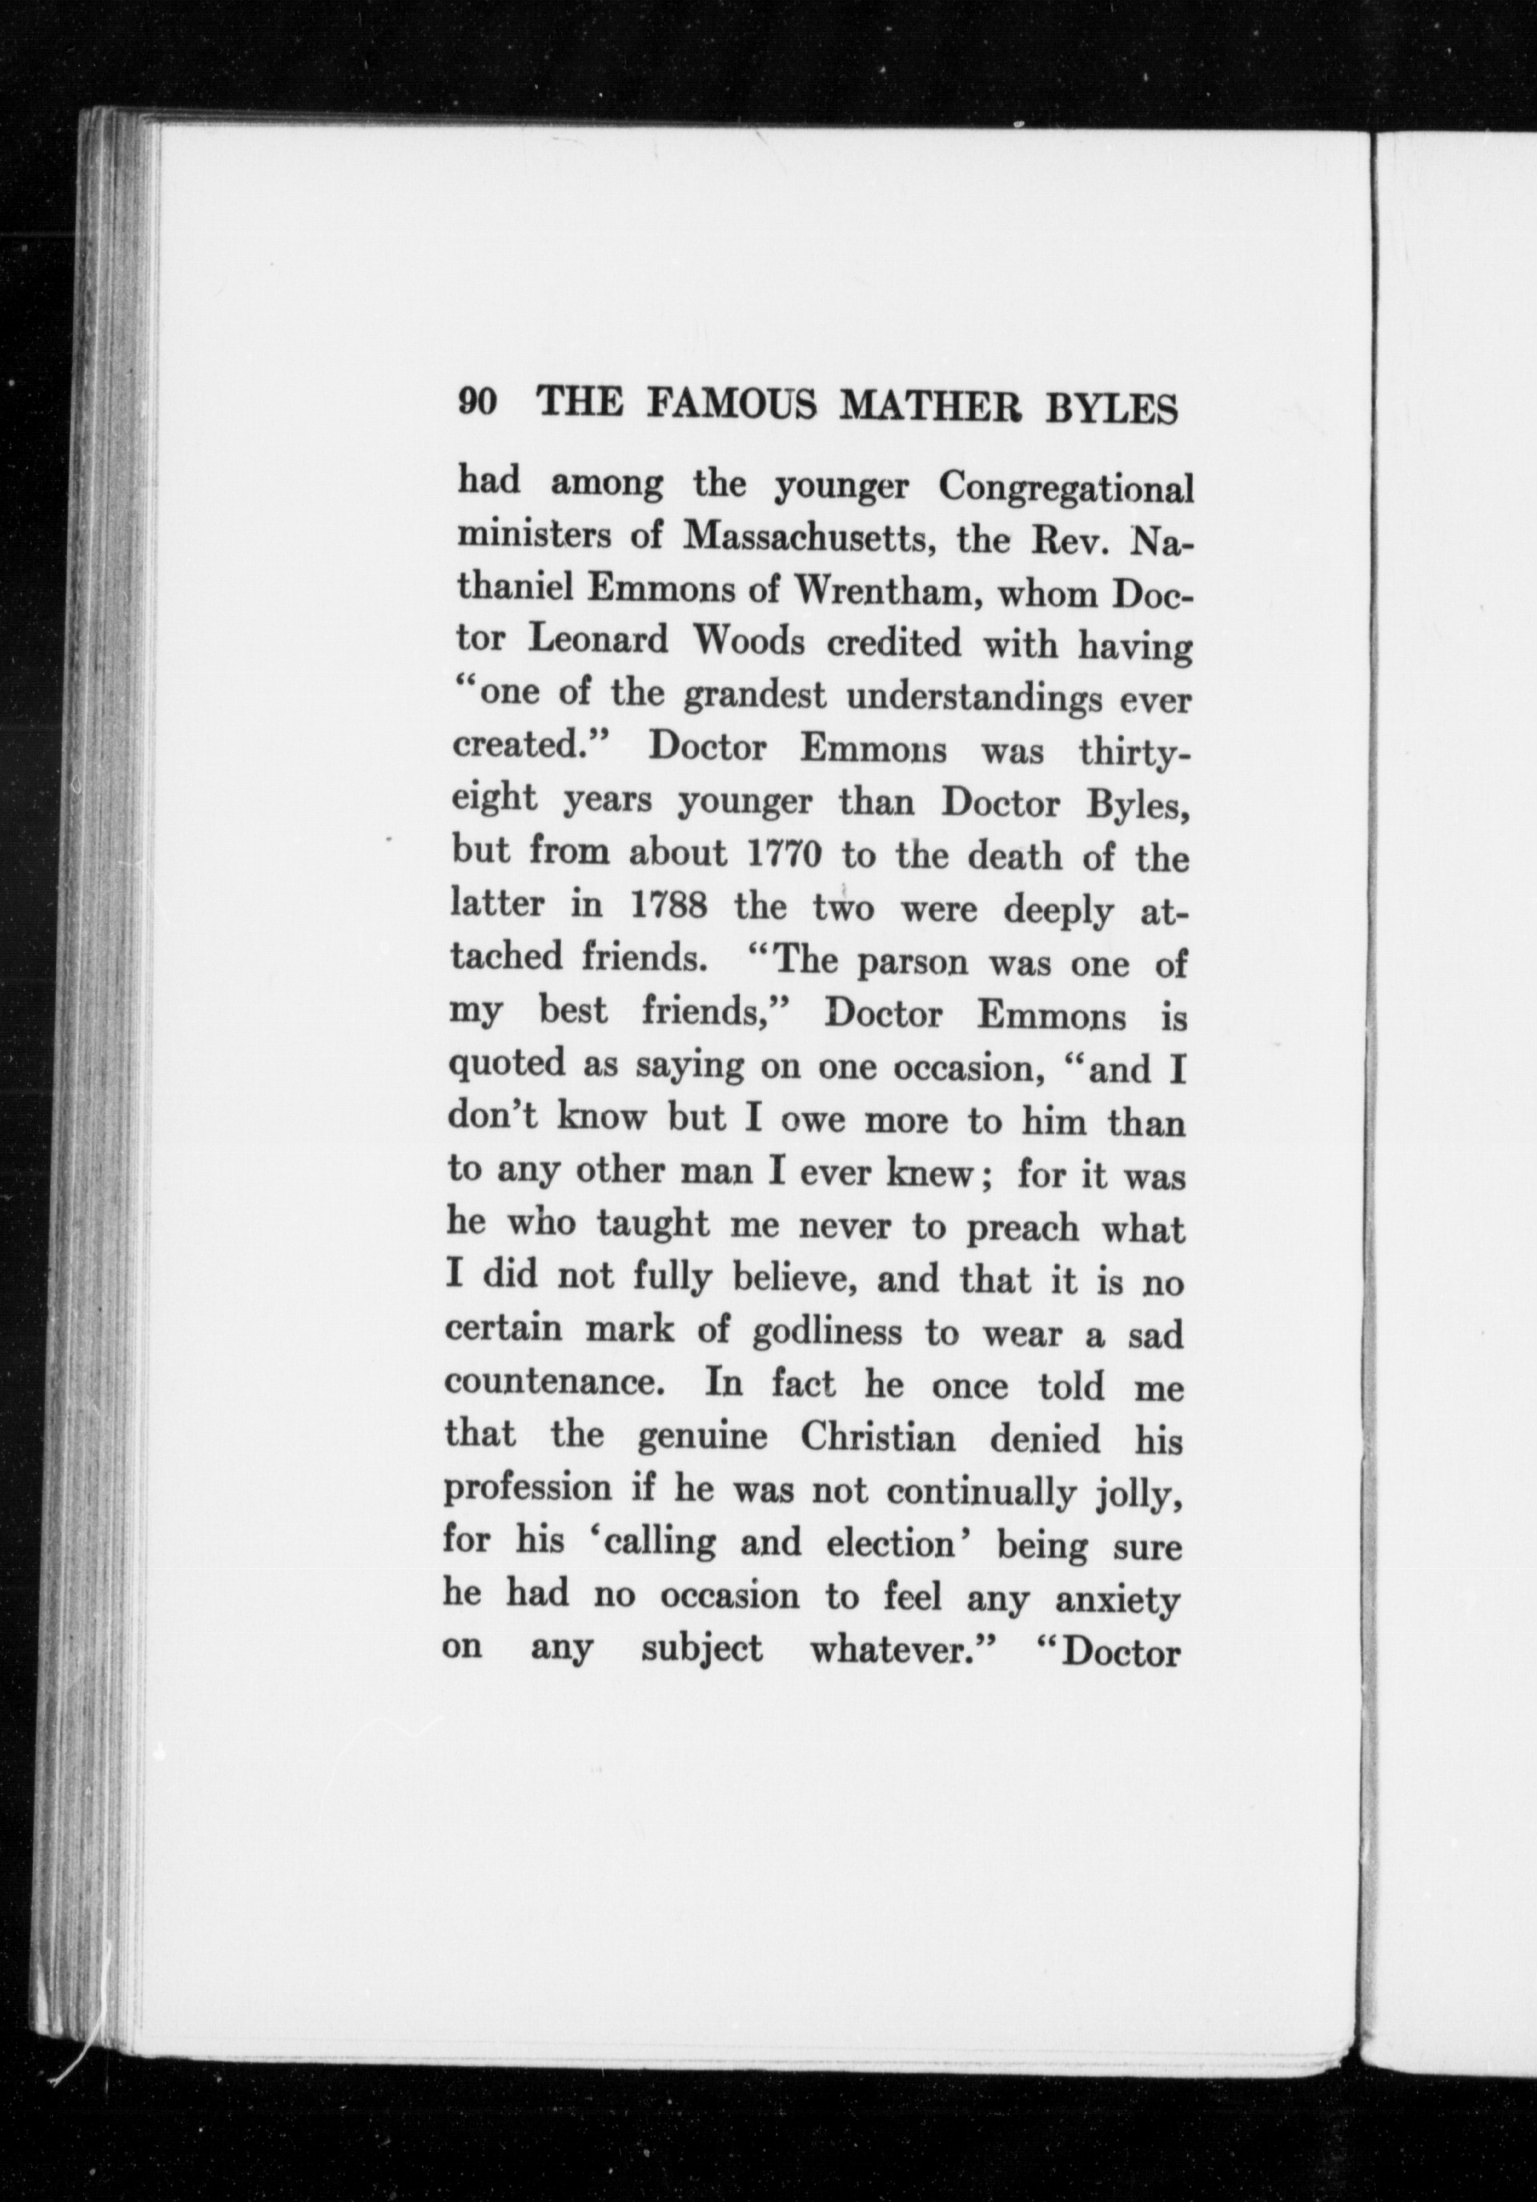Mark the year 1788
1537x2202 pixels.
point(668,908)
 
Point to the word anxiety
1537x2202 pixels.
point(1116,1600)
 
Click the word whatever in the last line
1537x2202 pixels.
point(894,1651)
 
